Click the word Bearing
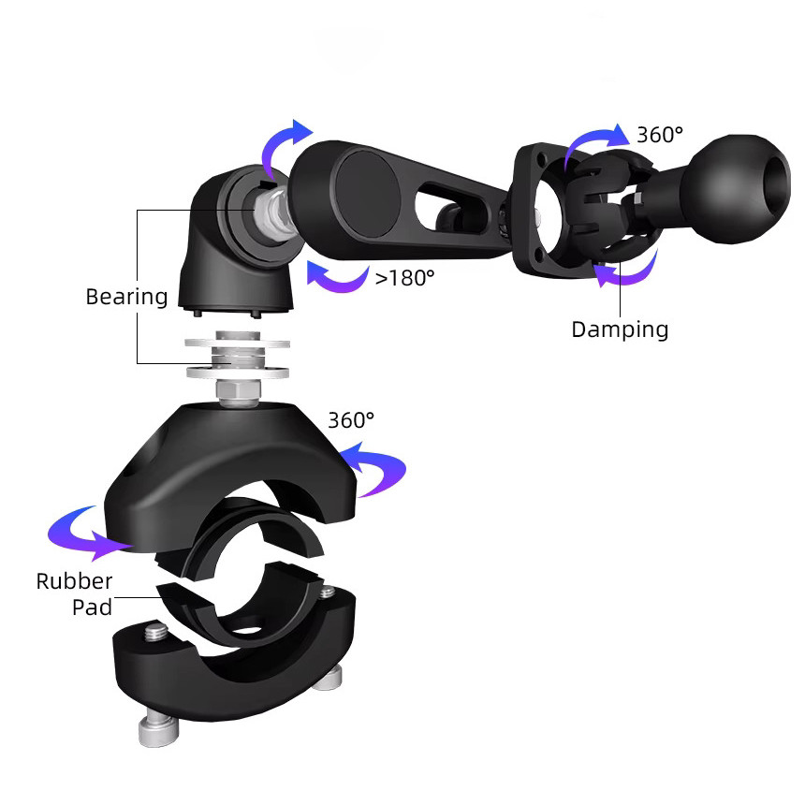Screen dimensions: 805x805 (126, 298)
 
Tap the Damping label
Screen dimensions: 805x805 (620, 330)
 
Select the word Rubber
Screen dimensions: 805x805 (75, 581)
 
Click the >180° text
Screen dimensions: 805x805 (404, 278)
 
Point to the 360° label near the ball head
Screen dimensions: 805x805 (660, 135)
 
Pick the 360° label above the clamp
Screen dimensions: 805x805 (351, 420)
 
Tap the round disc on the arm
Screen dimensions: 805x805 (367, 194)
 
